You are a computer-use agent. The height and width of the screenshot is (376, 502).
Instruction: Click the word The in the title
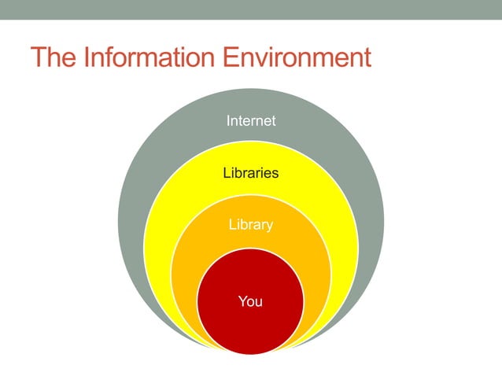[x=54, y=59]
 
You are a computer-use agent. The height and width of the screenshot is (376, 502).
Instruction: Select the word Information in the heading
[x=146, y=59]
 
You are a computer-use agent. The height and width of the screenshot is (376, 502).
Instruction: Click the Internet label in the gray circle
[x=251, y=121]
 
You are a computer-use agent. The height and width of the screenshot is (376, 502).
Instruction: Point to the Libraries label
[x=251, y=172]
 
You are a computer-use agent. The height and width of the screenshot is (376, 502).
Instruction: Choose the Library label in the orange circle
[x=251, y=225]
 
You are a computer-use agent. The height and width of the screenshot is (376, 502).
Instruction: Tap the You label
[x=250, y=301]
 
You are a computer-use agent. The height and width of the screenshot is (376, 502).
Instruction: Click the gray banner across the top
[x=251, y=9]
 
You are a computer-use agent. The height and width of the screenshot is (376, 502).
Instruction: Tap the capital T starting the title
[x=39, y=59]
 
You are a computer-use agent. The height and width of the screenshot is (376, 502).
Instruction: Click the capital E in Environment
[x=227, y=59]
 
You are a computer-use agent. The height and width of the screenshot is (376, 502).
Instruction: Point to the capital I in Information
[x=88, y=59]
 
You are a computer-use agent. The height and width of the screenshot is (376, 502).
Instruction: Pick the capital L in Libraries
[x=227, y=172]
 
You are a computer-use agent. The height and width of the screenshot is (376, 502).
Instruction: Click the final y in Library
[x=270, y=227]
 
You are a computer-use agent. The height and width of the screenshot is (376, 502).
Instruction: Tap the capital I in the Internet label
[x=228, y=121]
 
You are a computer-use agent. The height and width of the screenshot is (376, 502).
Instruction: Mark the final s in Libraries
[x=275, y=173]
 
